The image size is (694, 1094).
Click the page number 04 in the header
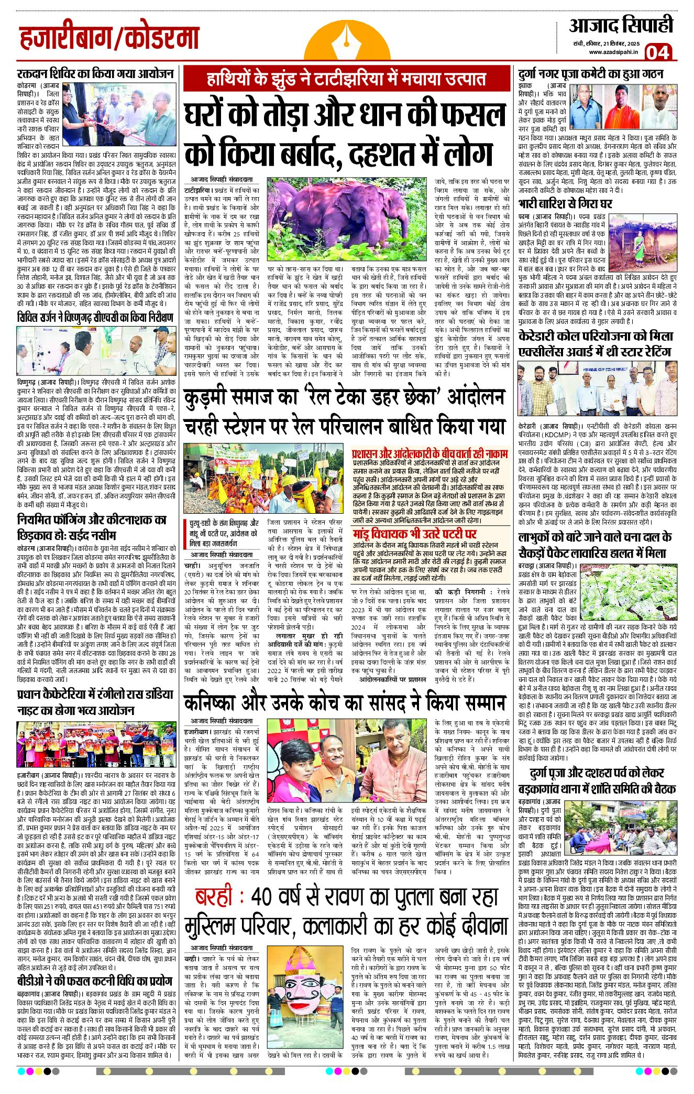[x=657, y=52]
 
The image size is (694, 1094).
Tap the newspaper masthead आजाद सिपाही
[x=621, y=25]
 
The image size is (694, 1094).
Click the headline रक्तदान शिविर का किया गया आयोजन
[x=95, y=73]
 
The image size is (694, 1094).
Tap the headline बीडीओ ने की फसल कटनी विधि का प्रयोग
[x=95, y=981]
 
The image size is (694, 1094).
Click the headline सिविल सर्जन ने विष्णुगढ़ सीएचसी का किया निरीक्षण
[x=95, y=318]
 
